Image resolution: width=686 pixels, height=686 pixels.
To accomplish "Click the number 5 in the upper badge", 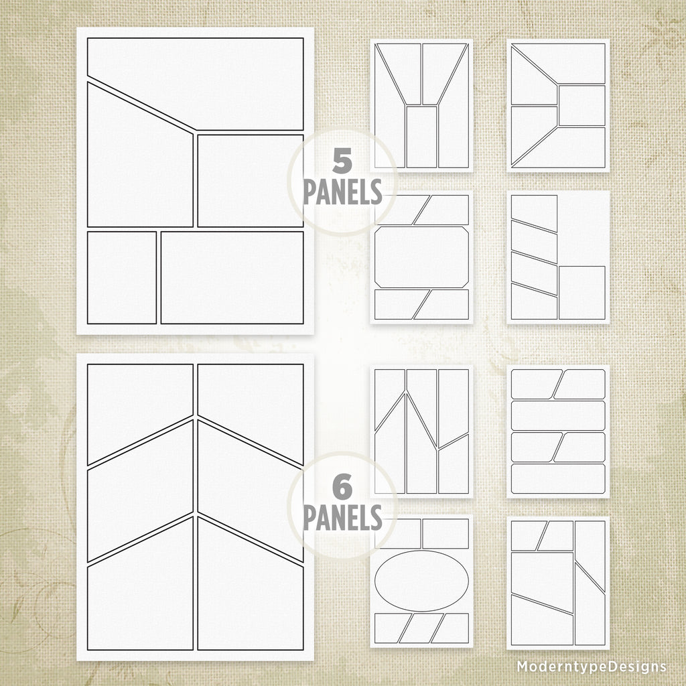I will pos(342,161).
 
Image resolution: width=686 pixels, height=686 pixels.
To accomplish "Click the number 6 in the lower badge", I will pos(342,488).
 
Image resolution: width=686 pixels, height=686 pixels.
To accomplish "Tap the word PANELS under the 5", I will pos(342,192).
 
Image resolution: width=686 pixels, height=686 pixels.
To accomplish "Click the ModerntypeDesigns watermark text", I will pos(591,666).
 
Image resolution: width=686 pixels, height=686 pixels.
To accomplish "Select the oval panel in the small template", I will pos(421,581).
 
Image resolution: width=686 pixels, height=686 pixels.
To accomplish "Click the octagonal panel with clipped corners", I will pos(421,257).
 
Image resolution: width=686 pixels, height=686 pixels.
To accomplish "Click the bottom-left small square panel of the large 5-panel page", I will pos(122,277).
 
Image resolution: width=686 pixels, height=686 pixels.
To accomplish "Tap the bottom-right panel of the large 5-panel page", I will pos(232,277).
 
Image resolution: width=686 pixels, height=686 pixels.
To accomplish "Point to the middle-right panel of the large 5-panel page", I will pos(250,181).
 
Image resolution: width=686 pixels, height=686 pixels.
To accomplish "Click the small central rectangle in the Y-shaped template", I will pos(421,137).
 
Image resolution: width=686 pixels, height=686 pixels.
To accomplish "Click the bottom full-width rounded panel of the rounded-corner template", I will pos(558,479).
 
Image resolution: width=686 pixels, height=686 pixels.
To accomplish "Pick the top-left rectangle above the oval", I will pos(397,533).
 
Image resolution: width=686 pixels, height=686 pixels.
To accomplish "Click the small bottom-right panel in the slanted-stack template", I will pos(581,293).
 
